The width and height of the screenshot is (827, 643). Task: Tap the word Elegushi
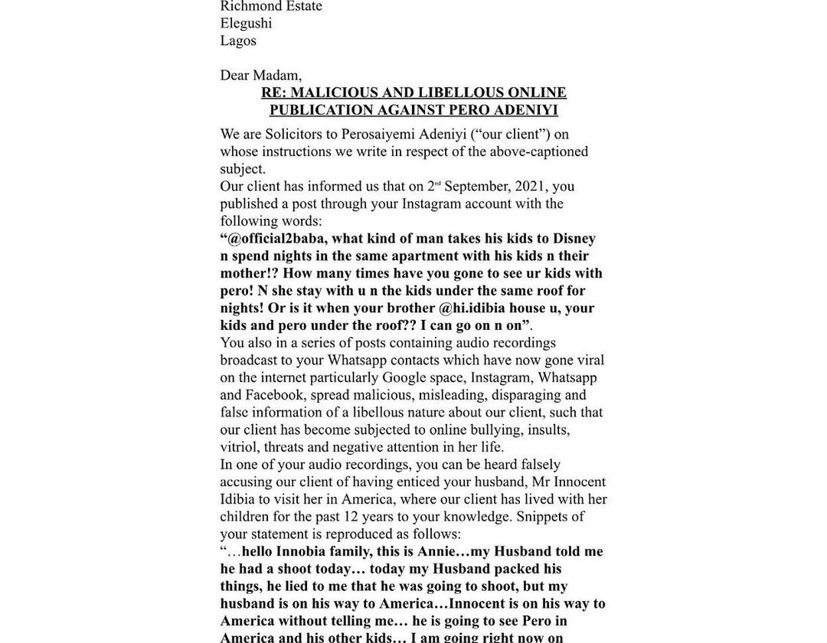coord(246,23)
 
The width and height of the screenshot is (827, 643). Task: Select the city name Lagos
coord(238,41)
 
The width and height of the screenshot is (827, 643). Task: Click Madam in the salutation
coord(276,75)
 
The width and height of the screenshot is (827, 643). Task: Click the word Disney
coord(574,238)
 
